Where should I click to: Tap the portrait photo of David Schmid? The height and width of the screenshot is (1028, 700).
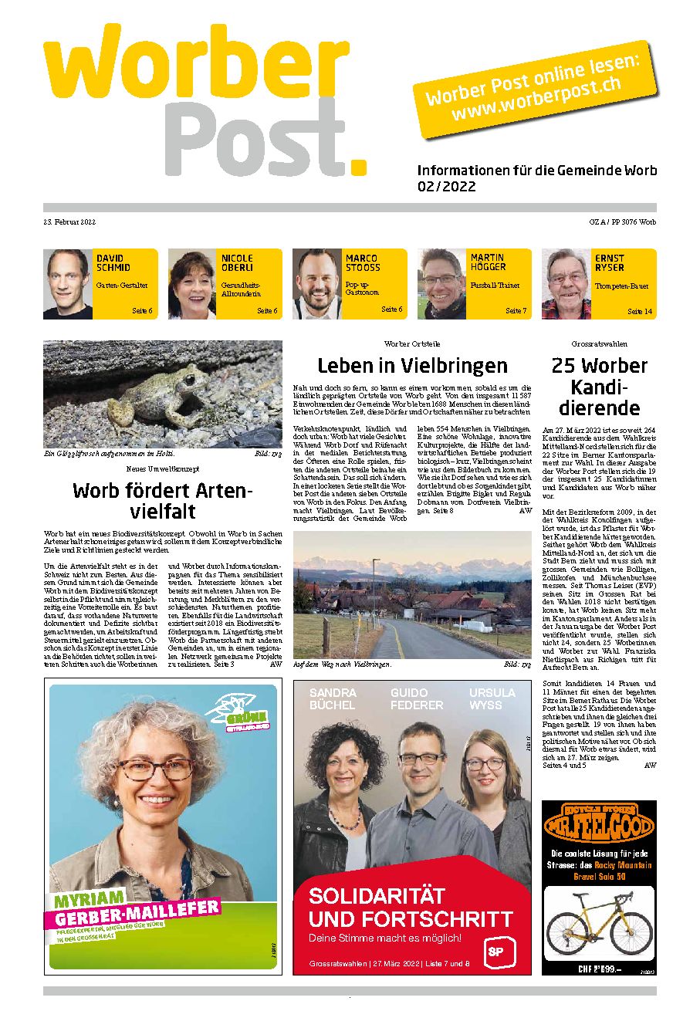[68, 283]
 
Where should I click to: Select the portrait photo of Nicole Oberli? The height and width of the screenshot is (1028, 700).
[191, 283]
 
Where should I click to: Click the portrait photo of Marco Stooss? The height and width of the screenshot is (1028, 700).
[316, 283]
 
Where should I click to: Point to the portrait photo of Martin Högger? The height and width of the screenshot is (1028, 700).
[441, 283]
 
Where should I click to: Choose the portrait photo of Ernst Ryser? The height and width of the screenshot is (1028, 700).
[566, 283]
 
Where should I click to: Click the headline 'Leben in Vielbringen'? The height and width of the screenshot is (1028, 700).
[412, 365]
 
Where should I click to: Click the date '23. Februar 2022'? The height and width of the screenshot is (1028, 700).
[69, 222]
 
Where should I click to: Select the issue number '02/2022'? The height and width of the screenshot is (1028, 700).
[447, 187]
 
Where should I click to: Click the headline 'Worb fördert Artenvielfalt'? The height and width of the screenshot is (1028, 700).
[163, 500]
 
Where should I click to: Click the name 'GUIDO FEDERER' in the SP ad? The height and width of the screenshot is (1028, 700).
[416, 698]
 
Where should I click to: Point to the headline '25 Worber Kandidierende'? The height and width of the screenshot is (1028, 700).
[599, 387]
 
